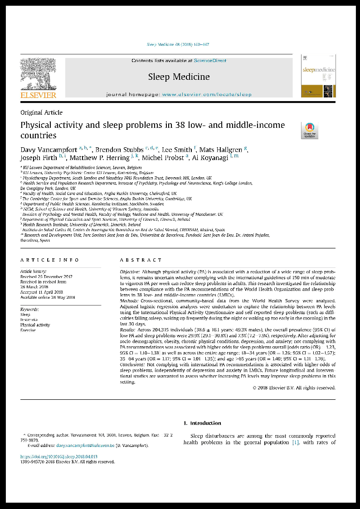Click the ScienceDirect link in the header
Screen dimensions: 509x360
[210, 61]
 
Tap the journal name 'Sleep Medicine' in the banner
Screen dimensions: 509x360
[179, 77]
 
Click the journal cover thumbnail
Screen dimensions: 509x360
[318, 76]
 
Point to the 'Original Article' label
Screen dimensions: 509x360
[42, 112]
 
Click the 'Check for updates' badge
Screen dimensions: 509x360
[310, 131]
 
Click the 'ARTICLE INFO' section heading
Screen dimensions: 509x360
[50, 260]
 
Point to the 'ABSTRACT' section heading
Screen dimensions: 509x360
[141, 260]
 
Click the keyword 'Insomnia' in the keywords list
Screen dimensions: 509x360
[28, 320]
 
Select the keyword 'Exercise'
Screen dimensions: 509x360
[28, 330]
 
